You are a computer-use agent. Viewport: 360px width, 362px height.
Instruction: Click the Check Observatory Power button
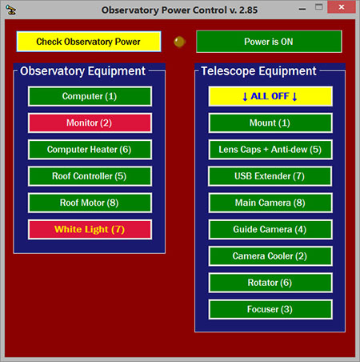pos(89,42)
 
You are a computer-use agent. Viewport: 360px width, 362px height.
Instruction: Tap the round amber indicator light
pos(179,42)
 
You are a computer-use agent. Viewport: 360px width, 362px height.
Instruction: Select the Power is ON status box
pos(269,42)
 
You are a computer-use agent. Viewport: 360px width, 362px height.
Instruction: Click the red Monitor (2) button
pos(90,123)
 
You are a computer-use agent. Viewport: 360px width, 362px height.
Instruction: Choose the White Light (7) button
pos(90,229)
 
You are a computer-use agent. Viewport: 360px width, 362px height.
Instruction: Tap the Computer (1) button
pos(90,96)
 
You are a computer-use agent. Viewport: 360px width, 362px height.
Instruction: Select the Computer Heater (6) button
pos(90,150)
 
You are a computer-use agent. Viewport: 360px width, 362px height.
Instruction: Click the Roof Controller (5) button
pos(90,176)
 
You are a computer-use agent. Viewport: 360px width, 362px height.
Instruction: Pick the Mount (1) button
pos(270,123)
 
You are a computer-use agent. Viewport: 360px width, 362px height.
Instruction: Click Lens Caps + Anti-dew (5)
pos(270,150)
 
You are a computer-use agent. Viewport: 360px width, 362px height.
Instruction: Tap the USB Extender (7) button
pos(270,176)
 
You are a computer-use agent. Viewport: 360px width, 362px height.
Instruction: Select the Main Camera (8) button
pos(270,203)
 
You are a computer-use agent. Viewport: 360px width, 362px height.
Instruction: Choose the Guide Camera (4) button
pos(270,229)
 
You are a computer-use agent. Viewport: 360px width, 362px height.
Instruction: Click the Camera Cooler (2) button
pos(270,256)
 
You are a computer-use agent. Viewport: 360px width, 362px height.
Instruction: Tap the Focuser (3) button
pos(270,309)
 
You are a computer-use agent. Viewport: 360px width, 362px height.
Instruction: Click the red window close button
pos(342,7)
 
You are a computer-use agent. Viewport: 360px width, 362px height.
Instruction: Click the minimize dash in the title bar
pos(302,9)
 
